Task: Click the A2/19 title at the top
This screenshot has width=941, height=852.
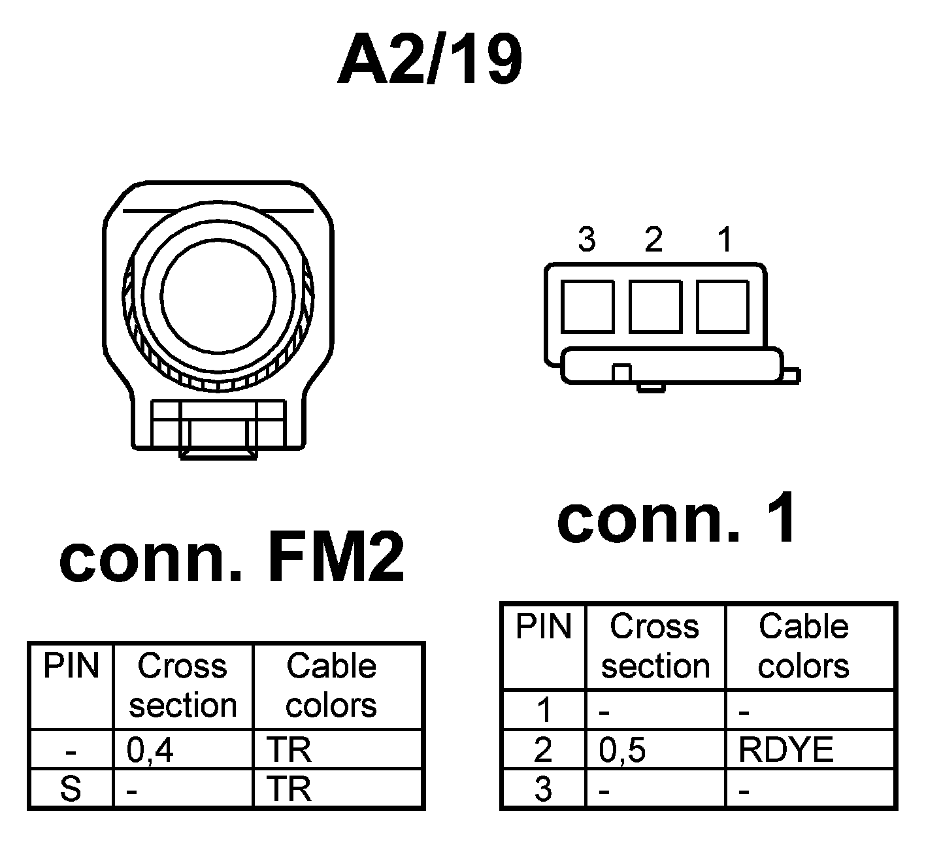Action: pos(429,61)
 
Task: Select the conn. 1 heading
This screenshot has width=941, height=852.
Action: pos(678,519)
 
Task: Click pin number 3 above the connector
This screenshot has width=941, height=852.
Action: pos(587,240)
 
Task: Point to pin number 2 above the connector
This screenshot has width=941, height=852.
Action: pos(653,240)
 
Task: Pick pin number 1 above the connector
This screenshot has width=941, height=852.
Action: pos(725,240)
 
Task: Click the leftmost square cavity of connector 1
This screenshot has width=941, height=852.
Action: pos(587,306)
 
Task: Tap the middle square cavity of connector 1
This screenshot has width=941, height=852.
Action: pos(655,306)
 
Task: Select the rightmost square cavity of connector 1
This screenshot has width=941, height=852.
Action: pos(723,306)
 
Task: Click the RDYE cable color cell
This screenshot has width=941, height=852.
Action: pos(786,751)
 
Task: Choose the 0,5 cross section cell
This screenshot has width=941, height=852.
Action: pos(623,751)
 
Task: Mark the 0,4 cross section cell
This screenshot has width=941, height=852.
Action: pos(151,751)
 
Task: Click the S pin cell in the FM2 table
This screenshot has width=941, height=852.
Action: pos(71,789)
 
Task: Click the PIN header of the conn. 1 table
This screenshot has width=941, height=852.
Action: pos(543,626)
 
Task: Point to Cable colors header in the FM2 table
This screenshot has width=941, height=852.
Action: pos(331,685)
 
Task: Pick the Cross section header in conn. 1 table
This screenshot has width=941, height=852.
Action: pos(655,646)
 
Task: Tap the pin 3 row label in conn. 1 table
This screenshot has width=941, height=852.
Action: pos(543,789)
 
